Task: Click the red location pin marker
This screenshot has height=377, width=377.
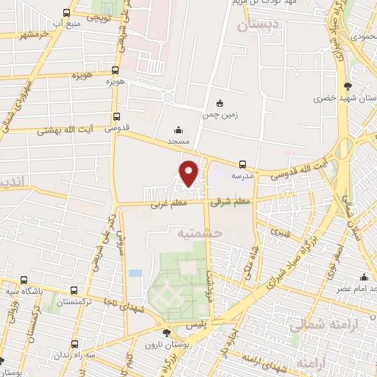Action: tap(189, 172)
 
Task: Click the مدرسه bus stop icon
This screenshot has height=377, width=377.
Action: tap(242, 165)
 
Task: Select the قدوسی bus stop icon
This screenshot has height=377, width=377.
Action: tap(116, 116)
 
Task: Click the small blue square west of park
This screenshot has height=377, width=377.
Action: tap(135, 273)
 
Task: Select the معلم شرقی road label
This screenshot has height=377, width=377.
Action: tap(230, 200)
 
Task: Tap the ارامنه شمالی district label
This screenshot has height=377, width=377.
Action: tap(318, 325)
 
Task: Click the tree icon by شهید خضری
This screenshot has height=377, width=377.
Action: tap(348, 87)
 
